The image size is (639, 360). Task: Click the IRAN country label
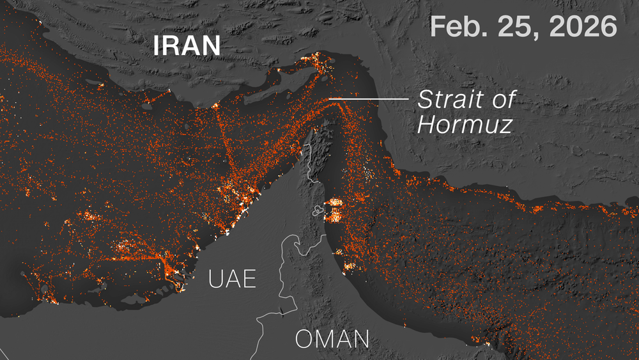(x=187, y=46)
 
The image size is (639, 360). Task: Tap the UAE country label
(x=232, y=279)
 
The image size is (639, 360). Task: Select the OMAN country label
(x=332, y=339)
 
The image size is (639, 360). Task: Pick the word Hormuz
(x=465, y=125)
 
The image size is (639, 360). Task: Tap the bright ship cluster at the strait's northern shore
(x=319, y=61)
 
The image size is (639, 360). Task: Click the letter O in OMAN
(x=305, y=339)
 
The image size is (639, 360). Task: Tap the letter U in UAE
(x=215, y=279)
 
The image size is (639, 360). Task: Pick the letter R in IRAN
(x=172, y=46)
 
